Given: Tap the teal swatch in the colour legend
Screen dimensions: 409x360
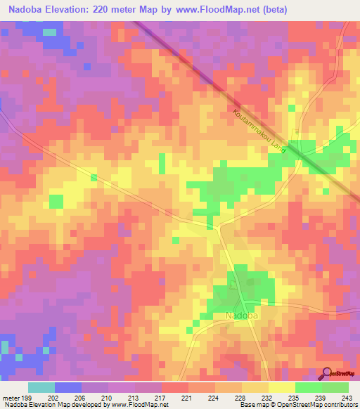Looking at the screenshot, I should tap(41, 387).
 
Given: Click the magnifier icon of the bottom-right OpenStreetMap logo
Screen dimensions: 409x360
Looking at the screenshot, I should tap(327, 373).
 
